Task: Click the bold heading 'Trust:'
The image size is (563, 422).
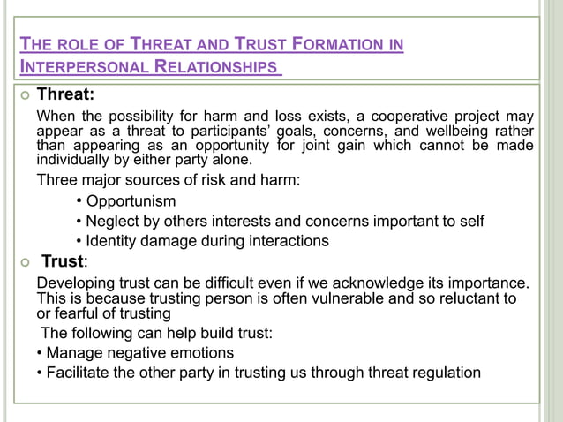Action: pos(64,261)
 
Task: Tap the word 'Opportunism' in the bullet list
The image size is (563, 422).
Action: pos(131,201)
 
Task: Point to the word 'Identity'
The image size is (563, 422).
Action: pos(113,240)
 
